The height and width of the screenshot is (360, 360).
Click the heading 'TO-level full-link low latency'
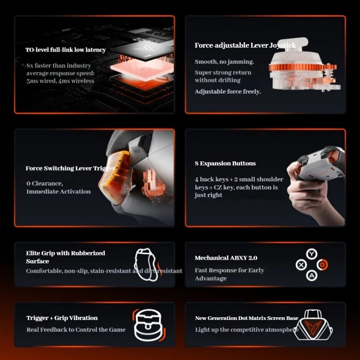click(66, 50)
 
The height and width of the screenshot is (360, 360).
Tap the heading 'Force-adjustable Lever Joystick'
click(245, 45)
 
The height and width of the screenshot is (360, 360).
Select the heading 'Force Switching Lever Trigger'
click(71, 168)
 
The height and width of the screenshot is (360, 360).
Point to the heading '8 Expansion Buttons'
click(225, 163)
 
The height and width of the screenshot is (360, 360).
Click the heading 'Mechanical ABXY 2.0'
click(226, 258)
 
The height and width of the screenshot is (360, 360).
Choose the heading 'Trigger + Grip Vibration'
click(62, 318)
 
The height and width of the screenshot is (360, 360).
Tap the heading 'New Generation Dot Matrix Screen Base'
click(247, 318)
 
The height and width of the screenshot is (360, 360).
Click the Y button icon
click(311, 254)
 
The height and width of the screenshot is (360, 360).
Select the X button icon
click(301, 265)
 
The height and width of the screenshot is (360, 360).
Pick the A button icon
click(311, 275)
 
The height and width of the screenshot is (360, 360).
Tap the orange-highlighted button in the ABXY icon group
click(322, 265)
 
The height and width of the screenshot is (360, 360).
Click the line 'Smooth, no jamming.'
click(224, 62)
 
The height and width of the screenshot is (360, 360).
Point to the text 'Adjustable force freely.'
click(228, 92)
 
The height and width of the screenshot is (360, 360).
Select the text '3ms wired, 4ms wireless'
click(60, 81)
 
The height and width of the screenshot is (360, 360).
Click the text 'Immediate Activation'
click(58, 192)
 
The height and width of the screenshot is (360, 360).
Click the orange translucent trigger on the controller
click(114, 176)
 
